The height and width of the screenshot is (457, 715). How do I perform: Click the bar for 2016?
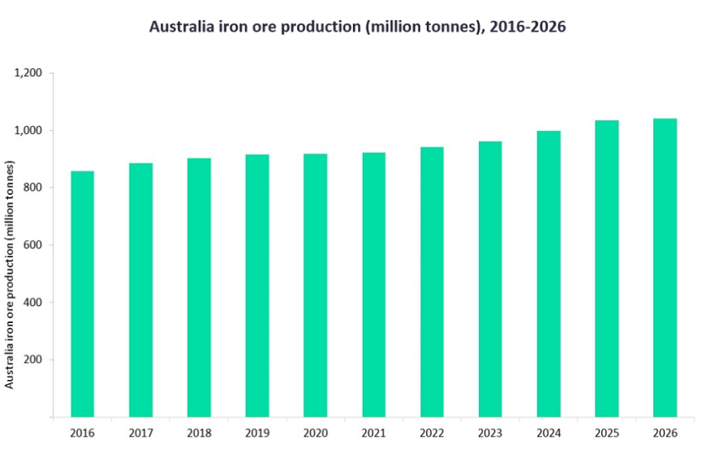click(83, 294)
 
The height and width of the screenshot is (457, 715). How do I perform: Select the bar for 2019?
click(257, 286)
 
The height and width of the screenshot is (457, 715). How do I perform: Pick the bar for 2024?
click(549, 274)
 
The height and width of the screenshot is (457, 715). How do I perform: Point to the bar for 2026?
click(665, 268)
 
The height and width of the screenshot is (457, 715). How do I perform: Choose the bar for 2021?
click(374, 284)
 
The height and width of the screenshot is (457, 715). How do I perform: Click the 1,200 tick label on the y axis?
click(28, 73)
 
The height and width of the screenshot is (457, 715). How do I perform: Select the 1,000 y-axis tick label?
click(28, 131)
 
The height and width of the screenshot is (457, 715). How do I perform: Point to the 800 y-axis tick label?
click(32, 188)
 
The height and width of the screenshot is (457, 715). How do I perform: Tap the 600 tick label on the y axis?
click(32, 245)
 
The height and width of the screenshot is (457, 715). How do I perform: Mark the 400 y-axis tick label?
click(32, 303)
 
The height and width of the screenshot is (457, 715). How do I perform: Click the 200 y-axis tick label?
click(32, 360)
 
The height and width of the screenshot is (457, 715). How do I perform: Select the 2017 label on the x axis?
click(141, 433)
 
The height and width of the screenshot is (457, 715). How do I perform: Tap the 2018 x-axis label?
click(199, 433)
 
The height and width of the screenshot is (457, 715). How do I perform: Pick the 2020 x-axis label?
click(316, 433)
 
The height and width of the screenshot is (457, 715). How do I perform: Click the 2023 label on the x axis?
click(490, 433)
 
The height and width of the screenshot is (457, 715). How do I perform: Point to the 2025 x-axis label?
click(607, 433)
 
